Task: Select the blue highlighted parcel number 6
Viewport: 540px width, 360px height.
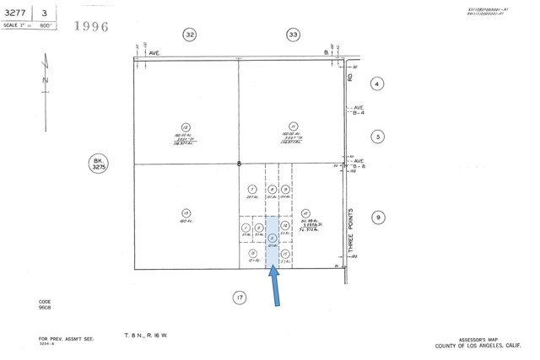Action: (x=271, y=239)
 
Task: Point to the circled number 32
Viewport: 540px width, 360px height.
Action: (x=191, y=35)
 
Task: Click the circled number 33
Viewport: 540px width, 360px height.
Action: (x=293, y=35)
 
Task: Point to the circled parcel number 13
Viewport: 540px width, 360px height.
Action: (x=186, y=212)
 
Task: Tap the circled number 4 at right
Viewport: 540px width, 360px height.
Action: (x=377, y=83)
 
